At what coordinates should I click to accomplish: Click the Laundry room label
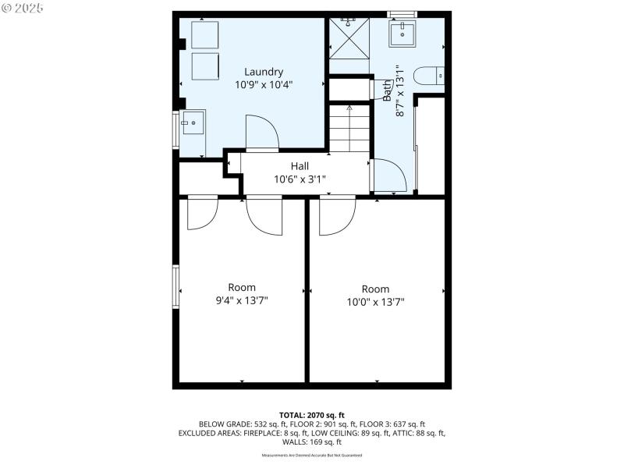(x=264, y=72)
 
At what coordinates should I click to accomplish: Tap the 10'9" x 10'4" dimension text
(x=264, y=85)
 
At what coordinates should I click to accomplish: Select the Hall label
(x=300, y=166)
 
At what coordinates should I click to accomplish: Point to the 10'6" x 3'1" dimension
(x=300, y=179)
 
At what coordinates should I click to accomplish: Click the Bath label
(x=388, y=91)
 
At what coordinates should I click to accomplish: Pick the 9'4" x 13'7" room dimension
(x=242, y=300)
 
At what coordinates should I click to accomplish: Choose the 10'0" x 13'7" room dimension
(x=376, y=302)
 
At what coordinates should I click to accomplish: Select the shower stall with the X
(x=349, y=37)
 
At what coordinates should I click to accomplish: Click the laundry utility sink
(x=193, y=123)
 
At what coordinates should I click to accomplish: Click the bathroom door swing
(x=388, y=175)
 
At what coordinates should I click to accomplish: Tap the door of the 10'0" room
(x=338, y=216)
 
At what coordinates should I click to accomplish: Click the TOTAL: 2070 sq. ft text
(x=312, y=414)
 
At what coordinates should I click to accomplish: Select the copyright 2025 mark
(x=23, y=8)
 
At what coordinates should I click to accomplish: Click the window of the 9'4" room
(x=176, y=287)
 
